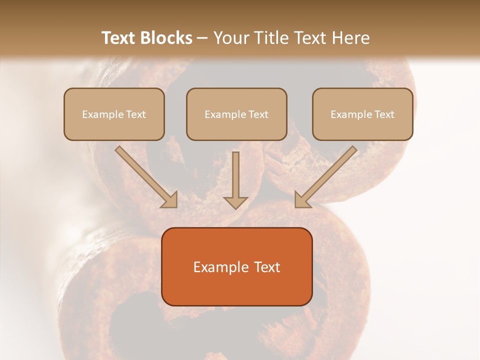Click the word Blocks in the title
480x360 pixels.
[x=166, y=38]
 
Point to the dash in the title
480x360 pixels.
[x=202, y=38]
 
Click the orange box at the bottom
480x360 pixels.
[x=237, y=290]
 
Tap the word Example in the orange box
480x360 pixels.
[x=220, y=267]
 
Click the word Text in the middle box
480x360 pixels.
[x=258, y=114]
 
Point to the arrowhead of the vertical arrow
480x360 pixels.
[x=235, y=202]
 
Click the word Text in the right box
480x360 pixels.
[x=384, y=114]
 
